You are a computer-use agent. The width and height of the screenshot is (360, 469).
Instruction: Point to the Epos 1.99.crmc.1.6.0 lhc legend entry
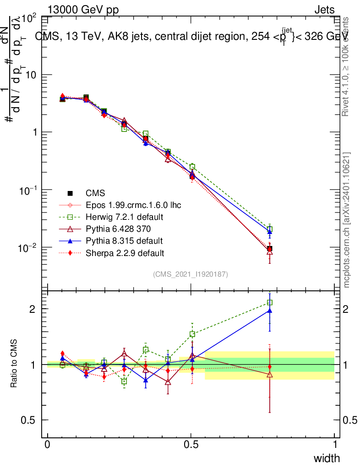(133, 205)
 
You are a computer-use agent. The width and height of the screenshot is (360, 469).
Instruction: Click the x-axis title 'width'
(327, 458)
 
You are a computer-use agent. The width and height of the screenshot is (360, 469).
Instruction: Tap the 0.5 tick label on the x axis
(191, 444)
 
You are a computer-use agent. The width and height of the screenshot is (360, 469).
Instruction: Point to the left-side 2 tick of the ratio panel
(32, 309)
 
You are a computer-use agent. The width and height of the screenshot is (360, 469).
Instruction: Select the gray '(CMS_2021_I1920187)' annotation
(191, 274)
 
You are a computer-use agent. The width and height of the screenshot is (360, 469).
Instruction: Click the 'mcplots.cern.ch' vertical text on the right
(347, 220)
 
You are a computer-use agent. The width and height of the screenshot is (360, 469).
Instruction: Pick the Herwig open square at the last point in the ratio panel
(270, 303)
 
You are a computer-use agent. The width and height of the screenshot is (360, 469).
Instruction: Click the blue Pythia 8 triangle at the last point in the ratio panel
(270, 311)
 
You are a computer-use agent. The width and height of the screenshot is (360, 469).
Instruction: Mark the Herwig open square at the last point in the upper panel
(270, 229)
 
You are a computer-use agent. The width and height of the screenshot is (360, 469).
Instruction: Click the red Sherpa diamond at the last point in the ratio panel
(270, 367)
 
